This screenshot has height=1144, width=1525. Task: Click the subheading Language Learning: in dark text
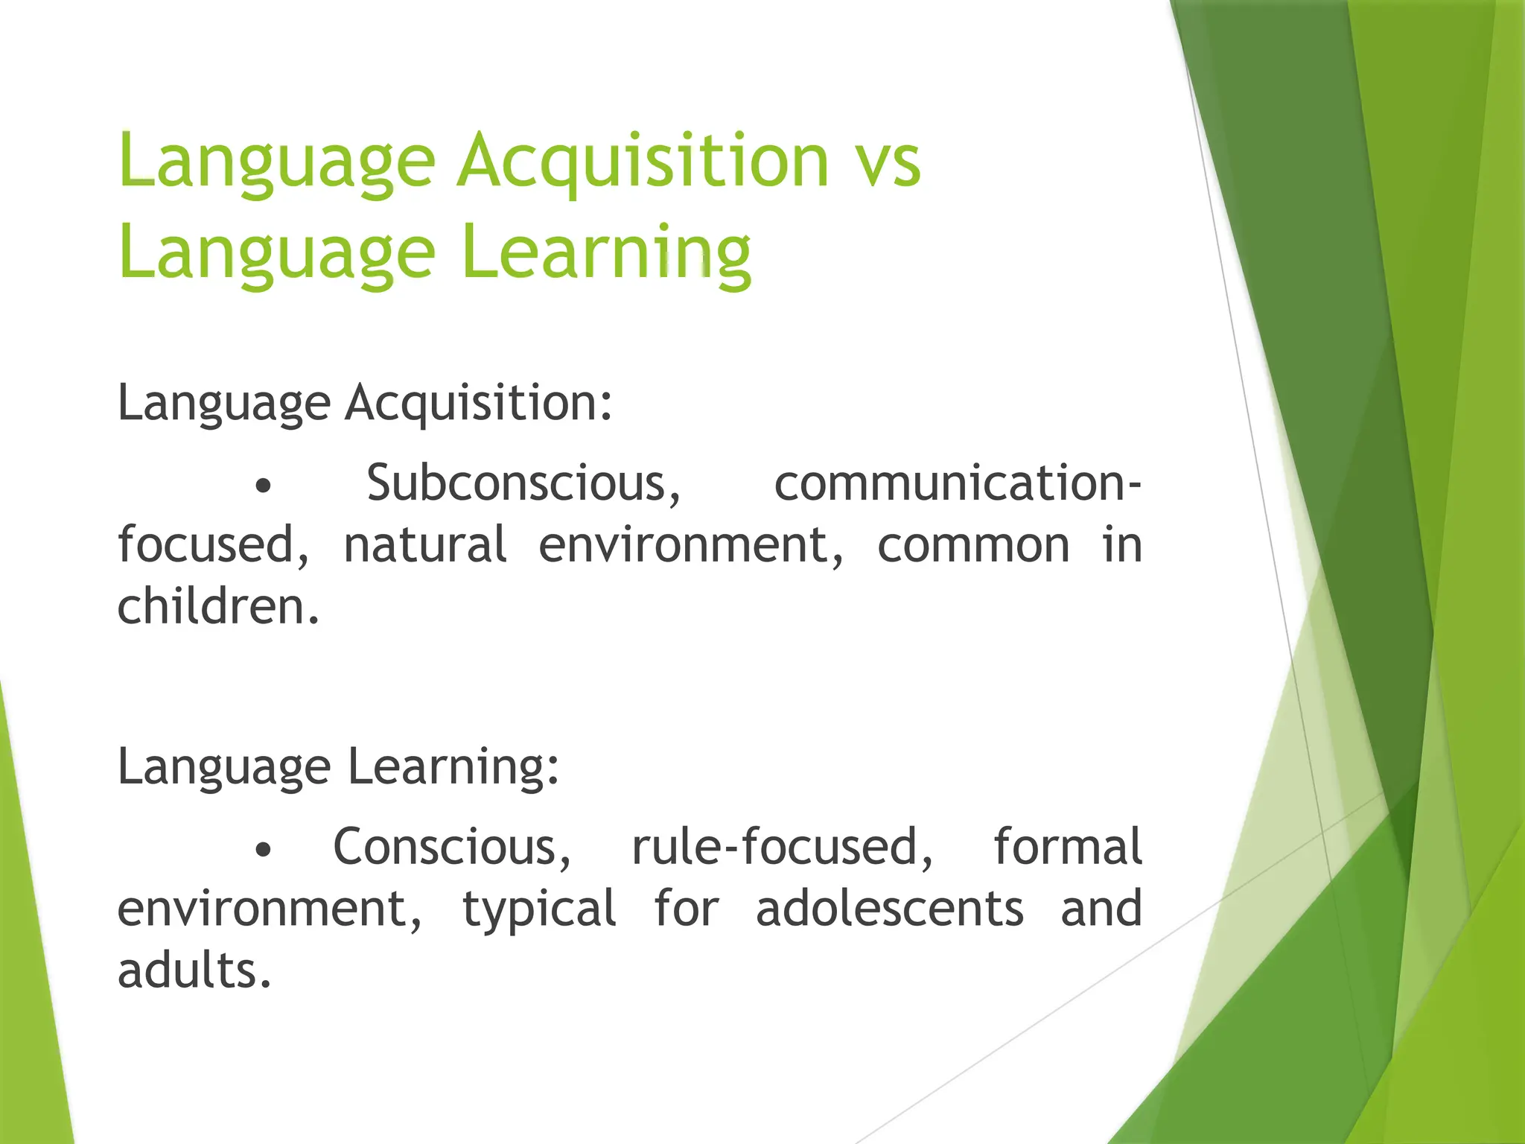[x=338, y=767]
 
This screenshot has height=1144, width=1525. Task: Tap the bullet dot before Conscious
[x=262, y=850]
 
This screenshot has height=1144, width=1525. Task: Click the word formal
[x=1067, y=847]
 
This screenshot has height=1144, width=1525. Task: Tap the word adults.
[x=194, y=971]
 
